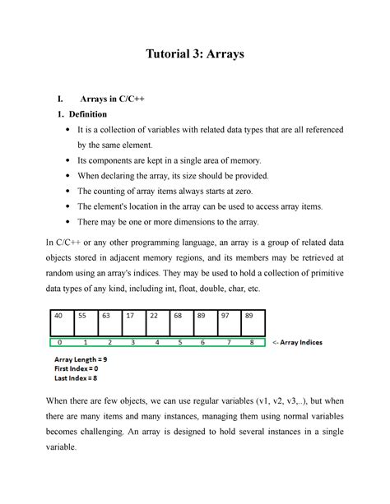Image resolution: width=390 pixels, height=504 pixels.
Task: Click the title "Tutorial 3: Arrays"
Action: pos(195,56)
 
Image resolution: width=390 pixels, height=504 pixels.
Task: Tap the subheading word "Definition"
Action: pos(95,114)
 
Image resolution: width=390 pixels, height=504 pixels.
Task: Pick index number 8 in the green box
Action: pos(251,342)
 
